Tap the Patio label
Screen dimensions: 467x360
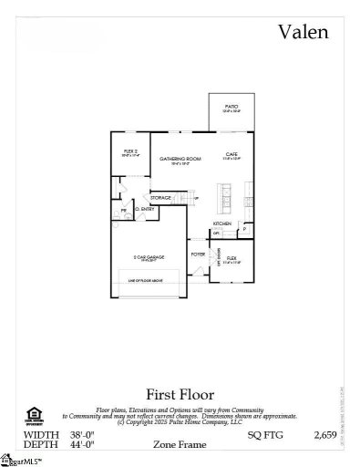(231, 107)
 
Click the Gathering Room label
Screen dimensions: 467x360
(175, 160)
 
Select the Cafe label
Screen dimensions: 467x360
(231, 155)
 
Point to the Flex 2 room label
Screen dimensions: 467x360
(130, 151)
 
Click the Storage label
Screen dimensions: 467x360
(161, 197)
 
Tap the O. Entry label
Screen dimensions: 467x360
(145, 210)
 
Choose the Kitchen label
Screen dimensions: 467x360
(222, 223)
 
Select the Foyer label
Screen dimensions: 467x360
(197, 255)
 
